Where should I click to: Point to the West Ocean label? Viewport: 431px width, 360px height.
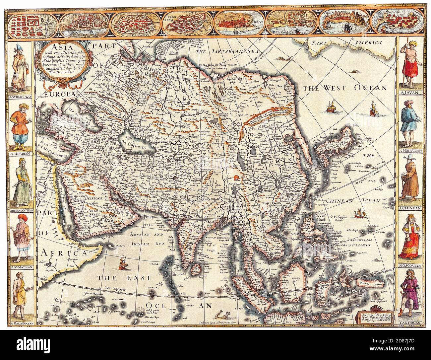pos(345,88)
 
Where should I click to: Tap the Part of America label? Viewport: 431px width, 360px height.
pos(345,43)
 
